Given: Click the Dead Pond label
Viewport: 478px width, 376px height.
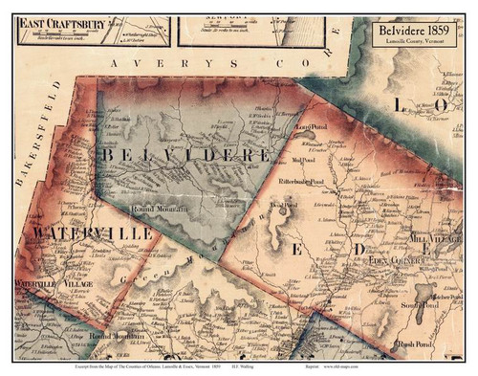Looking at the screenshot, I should (x=278, y=203).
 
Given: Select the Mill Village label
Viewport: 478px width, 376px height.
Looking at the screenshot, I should (x=432, y=235).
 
